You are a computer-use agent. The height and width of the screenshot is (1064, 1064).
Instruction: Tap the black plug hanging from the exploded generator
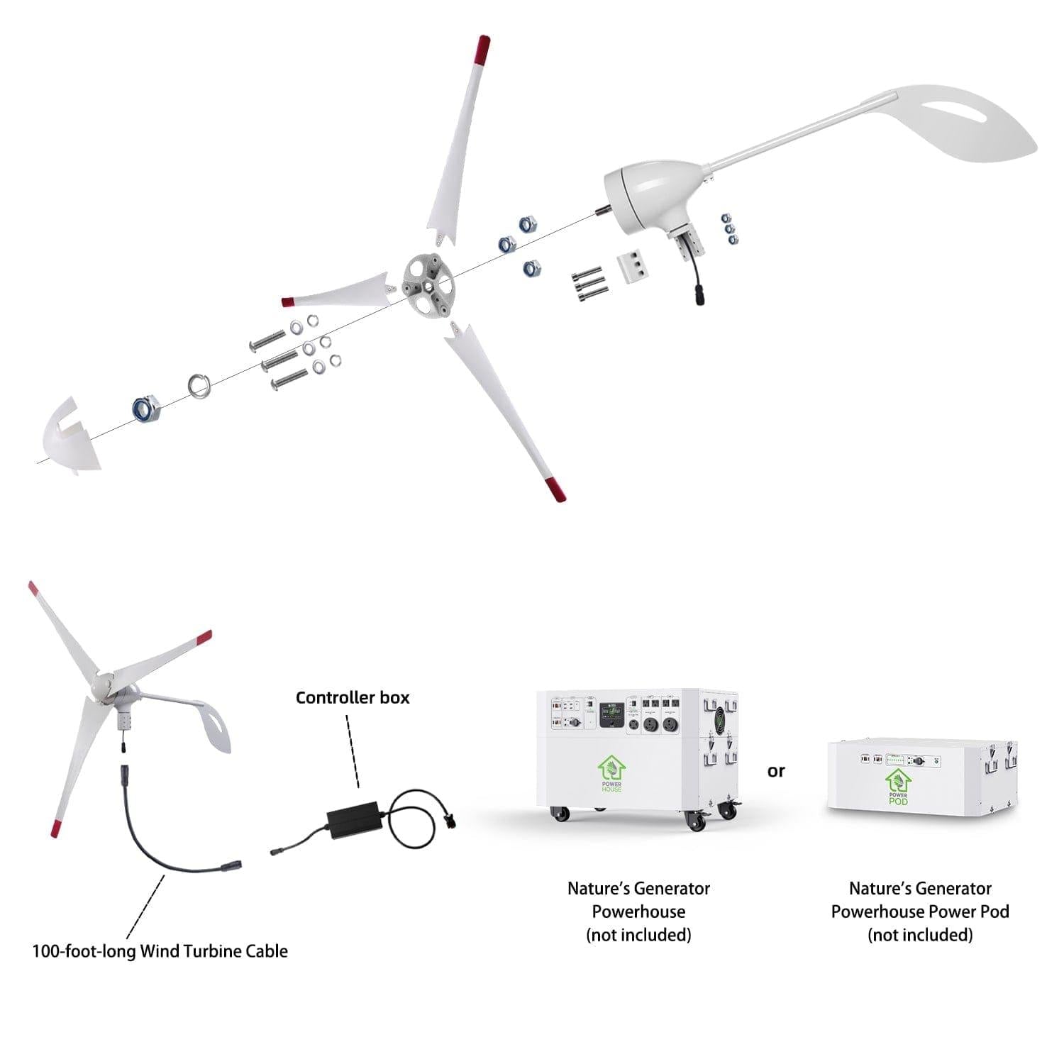[699, 296]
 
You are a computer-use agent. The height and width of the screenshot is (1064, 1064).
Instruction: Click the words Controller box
[353, 698]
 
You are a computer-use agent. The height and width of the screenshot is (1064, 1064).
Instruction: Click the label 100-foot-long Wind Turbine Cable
[160, 951]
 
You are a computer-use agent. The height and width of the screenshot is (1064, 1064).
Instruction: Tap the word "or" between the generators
[776, 771]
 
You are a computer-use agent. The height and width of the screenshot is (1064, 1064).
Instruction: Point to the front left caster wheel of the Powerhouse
[560, 814]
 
